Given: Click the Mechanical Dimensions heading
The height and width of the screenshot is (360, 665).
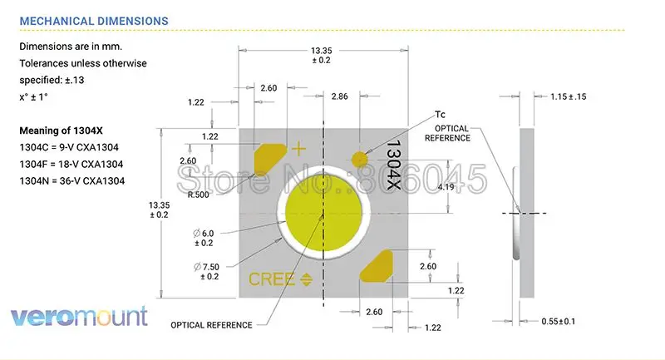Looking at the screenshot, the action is [x=94, y=22].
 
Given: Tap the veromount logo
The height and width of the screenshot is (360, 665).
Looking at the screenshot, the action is [x=79, y=316].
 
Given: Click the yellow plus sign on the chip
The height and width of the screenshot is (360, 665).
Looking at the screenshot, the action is [x=298, y=149].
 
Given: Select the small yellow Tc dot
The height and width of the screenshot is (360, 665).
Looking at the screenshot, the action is [x=360, y=160].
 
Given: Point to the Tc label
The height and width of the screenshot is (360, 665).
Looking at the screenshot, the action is [x=440, y=115].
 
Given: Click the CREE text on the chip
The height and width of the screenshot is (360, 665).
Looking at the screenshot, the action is [x=272, y=279].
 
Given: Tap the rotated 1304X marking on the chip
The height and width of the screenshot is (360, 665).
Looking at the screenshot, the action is [x=393, y=165].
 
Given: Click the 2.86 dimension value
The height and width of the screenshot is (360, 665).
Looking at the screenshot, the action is [x=339, y=96].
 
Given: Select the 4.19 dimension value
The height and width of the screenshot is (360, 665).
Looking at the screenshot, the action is [x=446, y=187].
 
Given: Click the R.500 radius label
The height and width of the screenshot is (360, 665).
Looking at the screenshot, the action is [x=199, y=195].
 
